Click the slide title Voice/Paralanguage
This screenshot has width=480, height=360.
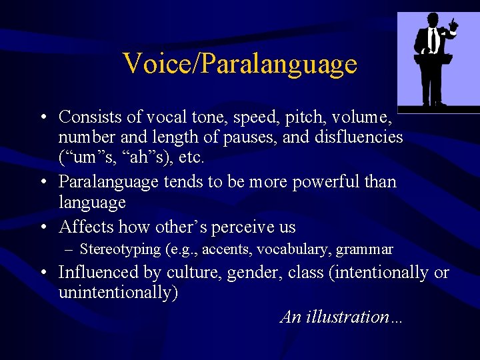[x=240, y=64]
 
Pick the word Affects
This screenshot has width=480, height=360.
[x=87, y=227]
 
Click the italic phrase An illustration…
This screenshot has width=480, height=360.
[x=341, y=316]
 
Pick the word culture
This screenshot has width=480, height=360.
[x=195, y=272]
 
